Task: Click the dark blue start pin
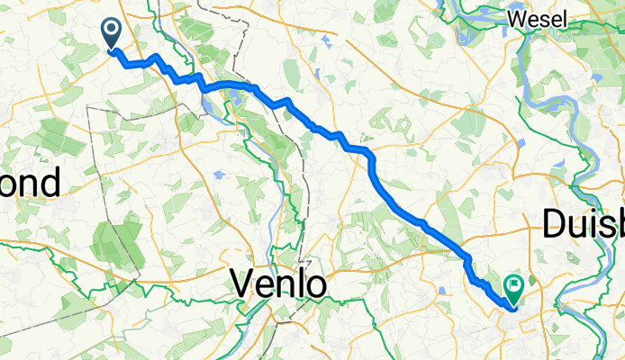(113, 34)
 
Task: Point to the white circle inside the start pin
(113, 30)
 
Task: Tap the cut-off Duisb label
(584, 224)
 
